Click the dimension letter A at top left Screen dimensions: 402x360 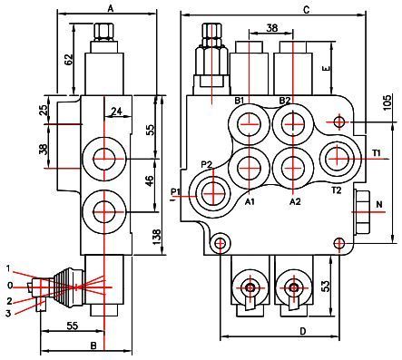coord(111,9)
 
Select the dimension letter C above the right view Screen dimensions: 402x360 coord(307,10)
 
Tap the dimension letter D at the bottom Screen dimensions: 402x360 coord(303,331)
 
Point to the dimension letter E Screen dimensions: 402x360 coord(326,69)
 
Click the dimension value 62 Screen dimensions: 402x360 coord(69,60)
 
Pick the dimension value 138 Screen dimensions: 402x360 coord(157,237)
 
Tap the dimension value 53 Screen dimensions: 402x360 coord(324,286)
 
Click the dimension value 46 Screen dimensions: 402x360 coord(150,180)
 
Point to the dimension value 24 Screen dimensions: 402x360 coord(116,112)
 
